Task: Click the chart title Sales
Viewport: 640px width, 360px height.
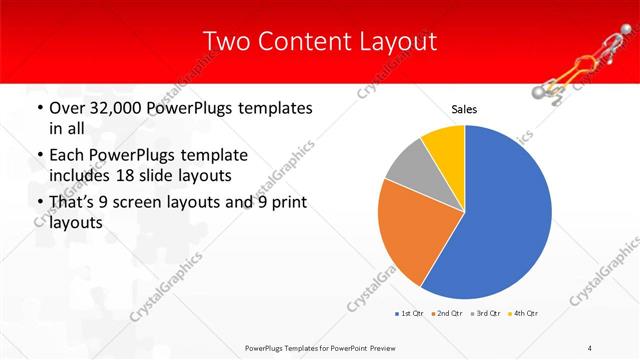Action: click(x=464, y=109)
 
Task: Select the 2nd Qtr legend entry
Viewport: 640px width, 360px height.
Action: click(x=446, y=314)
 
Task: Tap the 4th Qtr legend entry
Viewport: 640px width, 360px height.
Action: click(x=524, y=314)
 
